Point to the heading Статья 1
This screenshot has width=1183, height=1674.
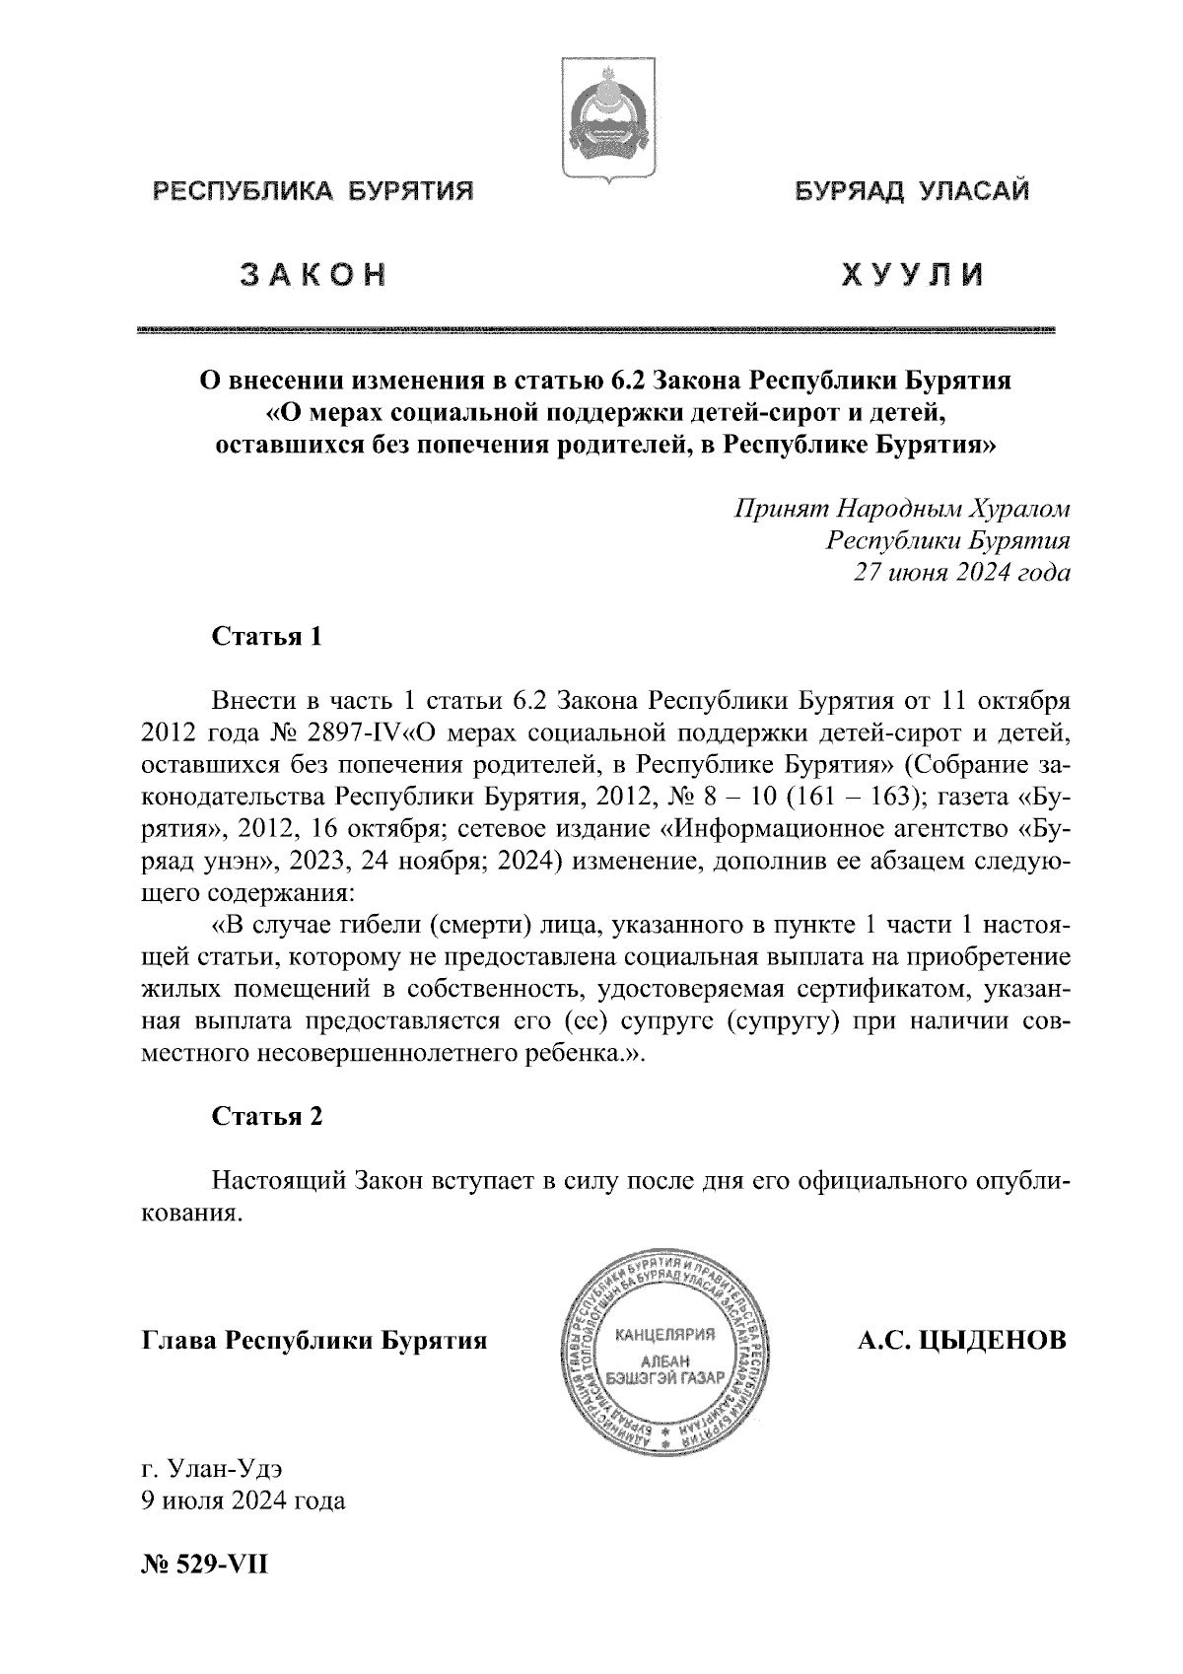click(267, 636)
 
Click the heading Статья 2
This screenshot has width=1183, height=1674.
click(267, 1116)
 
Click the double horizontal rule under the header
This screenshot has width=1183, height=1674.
click(597, 329)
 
